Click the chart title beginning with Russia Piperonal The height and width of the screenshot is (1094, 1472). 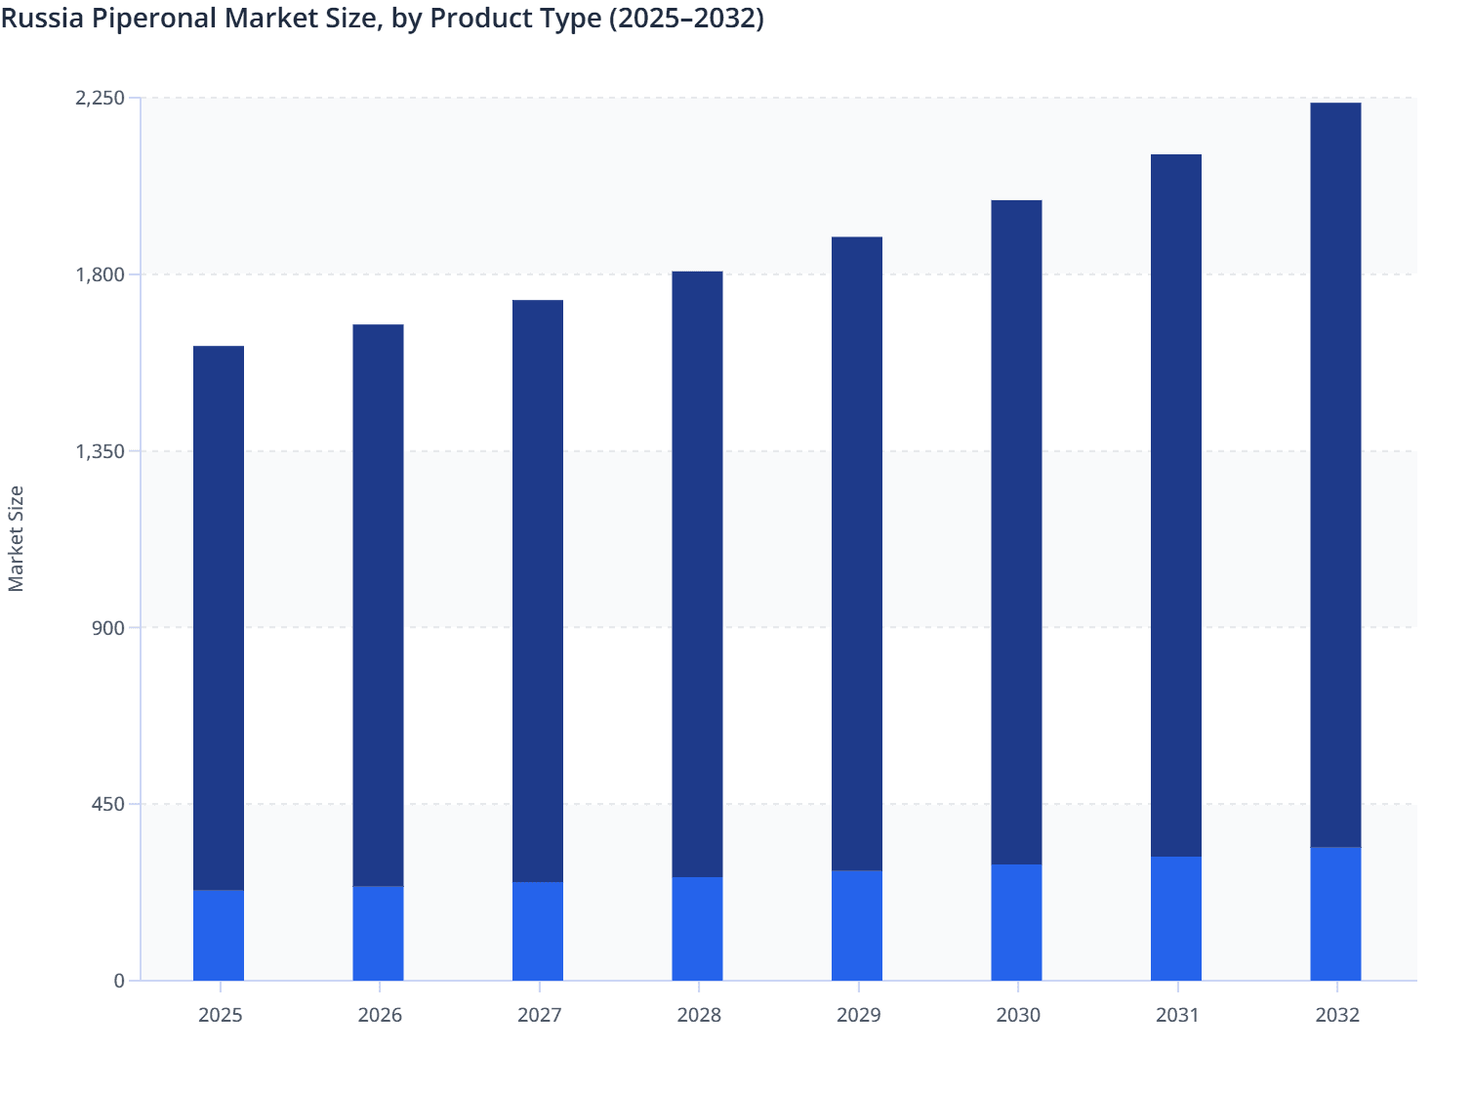tap(382, 19)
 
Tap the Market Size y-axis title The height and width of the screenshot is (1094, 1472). tap(17, 538)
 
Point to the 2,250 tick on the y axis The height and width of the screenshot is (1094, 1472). tap(101, 98)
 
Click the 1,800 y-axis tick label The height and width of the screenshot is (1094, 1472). tap(101, 274)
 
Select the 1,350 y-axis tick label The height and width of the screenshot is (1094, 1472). tap(101, 451)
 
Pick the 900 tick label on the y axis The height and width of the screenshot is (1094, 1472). tap(109, 628)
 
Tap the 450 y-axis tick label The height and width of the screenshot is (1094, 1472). tap(109, 805)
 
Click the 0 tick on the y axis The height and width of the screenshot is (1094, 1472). tap(119, 981)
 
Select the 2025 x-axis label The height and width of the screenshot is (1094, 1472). tap(220, 1015)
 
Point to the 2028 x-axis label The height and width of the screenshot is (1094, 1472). tap(699, 1015)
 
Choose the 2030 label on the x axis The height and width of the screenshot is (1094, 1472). tap(1018, 1015)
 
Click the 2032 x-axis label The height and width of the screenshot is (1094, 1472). tap(1336, 1015)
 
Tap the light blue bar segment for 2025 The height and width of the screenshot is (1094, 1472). tap(219, 935)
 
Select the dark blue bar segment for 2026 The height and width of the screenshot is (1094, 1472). tap(378, 605)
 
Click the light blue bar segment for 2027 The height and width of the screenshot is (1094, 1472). tap(538, 931)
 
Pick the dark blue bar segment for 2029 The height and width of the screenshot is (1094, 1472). tap(857, 553)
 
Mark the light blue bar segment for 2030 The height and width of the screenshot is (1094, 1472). tap(1016, 922)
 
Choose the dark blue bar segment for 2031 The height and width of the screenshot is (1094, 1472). tap(1176, 505)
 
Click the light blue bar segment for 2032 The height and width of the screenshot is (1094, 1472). tap(1335, 913)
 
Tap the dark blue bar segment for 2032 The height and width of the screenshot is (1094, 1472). tap(1335, 475)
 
